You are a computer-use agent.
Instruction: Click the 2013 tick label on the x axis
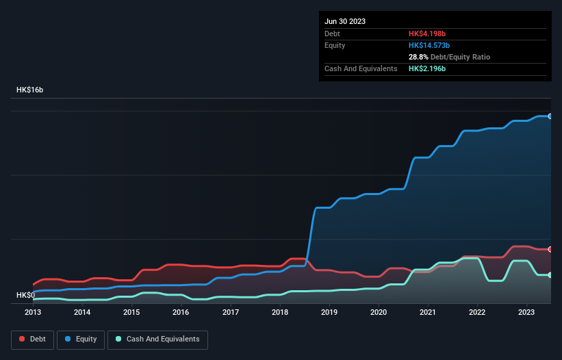[x=33, y=312]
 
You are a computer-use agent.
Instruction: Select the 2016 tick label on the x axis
[x=181, y=312]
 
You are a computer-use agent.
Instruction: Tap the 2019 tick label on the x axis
[x=329, y=312]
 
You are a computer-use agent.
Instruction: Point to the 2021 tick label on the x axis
[x=428, y=312]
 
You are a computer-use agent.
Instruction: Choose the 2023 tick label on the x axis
[x=526, y=312]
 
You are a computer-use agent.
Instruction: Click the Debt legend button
[x=33, y=339]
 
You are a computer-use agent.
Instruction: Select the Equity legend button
[x=81, y=339]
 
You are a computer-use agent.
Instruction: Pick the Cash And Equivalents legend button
[x=157, y=339]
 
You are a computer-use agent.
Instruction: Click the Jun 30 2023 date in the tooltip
[x=345, y=21]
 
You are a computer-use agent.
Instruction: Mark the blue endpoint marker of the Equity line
[x=550, y=116]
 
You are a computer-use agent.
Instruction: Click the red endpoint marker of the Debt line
[x=550, y=249]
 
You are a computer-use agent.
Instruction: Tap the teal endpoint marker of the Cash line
[x=550, y=275]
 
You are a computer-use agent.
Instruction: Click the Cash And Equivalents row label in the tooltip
[x=361, y=69]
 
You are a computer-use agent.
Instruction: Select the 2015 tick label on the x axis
[x=131, y=312]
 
